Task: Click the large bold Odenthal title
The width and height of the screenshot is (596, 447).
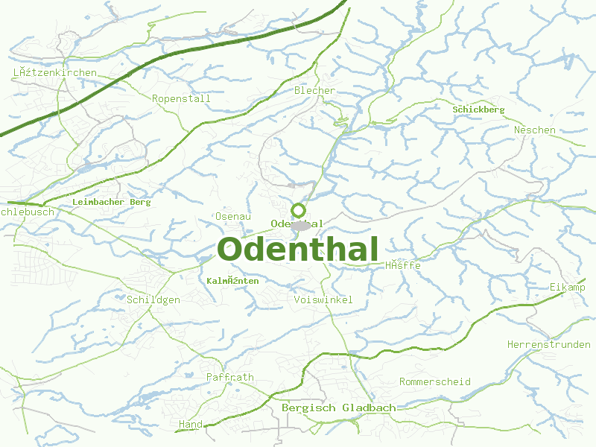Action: click(x=298, y=250)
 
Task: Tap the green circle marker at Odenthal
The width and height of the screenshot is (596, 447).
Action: click(x=298, y=210)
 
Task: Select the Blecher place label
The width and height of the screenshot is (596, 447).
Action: click(x=315, y=91)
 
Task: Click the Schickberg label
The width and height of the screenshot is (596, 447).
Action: click(x=478, y=110)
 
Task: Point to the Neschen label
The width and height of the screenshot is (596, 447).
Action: click(x=534, y=130)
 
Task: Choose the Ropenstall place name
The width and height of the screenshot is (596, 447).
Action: click(x=176, y=98)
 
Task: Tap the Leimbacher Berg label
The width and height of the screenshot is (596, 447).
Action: click(x=112, y=202)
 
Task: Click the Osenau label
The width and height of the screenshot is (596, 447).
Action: click(x=232, y=216)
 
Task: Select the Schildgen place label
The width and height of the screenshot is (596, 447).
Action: click(x=153, y=299)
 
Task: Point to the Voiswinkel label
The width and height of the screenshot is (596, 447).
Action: click(x=323, y=299)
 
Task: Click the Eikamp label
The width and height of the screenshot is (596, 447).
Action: click(x=568, y=288)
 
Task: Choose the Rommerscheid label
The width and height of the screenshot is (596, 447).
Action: click(x=434, y=381)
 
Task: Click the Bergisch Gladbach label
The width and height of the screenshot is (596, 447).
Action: click(x=338, y=408)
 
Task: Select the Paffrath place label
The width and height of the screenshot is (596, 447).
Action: click(x=230, y=377)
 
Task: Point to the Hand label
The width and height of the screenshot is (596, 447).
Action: click(x=191, y=424)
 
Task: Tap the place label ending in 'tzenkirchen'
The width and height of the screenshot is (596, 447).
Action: click(x=55, y=72)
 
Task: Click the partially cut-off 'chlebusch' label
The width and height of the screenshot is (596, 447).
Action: click(x=28, y=212)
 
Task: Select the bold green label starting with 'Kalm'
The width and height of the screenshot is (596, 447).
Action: click(x=232, y=281)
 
